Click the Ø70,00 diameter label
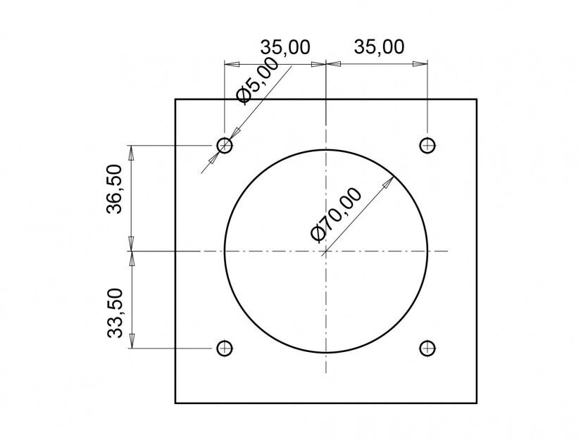(336, 215)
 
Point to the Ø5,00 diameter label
(258, 81)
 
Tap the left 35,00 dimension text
(285, 47)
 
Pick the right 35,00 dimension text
(379, 47)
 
